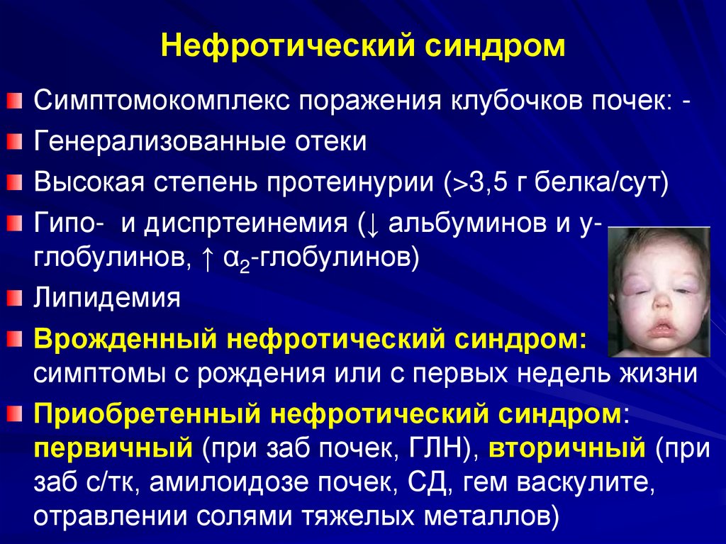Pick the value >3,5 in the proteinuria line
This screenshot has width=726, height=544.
coord(469,182)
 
